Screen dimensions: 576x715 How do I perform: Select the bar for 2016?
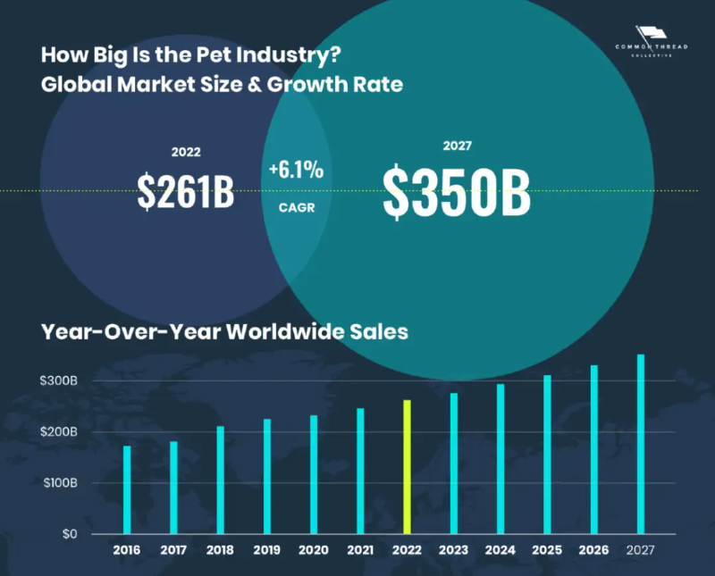[x=127, y=489]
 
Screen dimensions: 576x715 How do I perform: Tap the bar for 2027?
[x=640, y=444]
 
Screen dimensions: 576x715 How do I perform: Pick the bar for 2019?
[x=266, y=476]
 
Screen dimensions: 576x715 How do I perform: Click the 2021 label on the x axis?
[x=360, y=550]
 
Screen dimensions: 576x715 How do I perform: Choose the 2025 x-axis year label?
[x=547, y=550]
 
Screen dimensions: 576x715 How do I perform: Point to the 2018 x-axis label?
[x=220, y=550]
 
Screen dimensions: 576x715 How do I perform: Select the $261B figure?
[x=186, y=191]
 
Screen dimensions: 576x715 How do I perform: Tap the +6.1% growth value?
[x=296, y=170]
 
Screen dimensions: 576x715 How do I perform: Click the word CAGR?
[x=296, y=206]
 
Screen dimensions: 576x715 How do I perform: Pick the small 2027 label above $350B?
[x=457, y=146]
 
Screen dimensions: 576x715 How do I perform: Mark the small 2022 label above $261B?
[x=186, y=152]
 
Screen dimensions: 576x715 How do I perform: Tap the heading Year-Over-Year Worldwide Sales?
[x=224, y=331]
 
